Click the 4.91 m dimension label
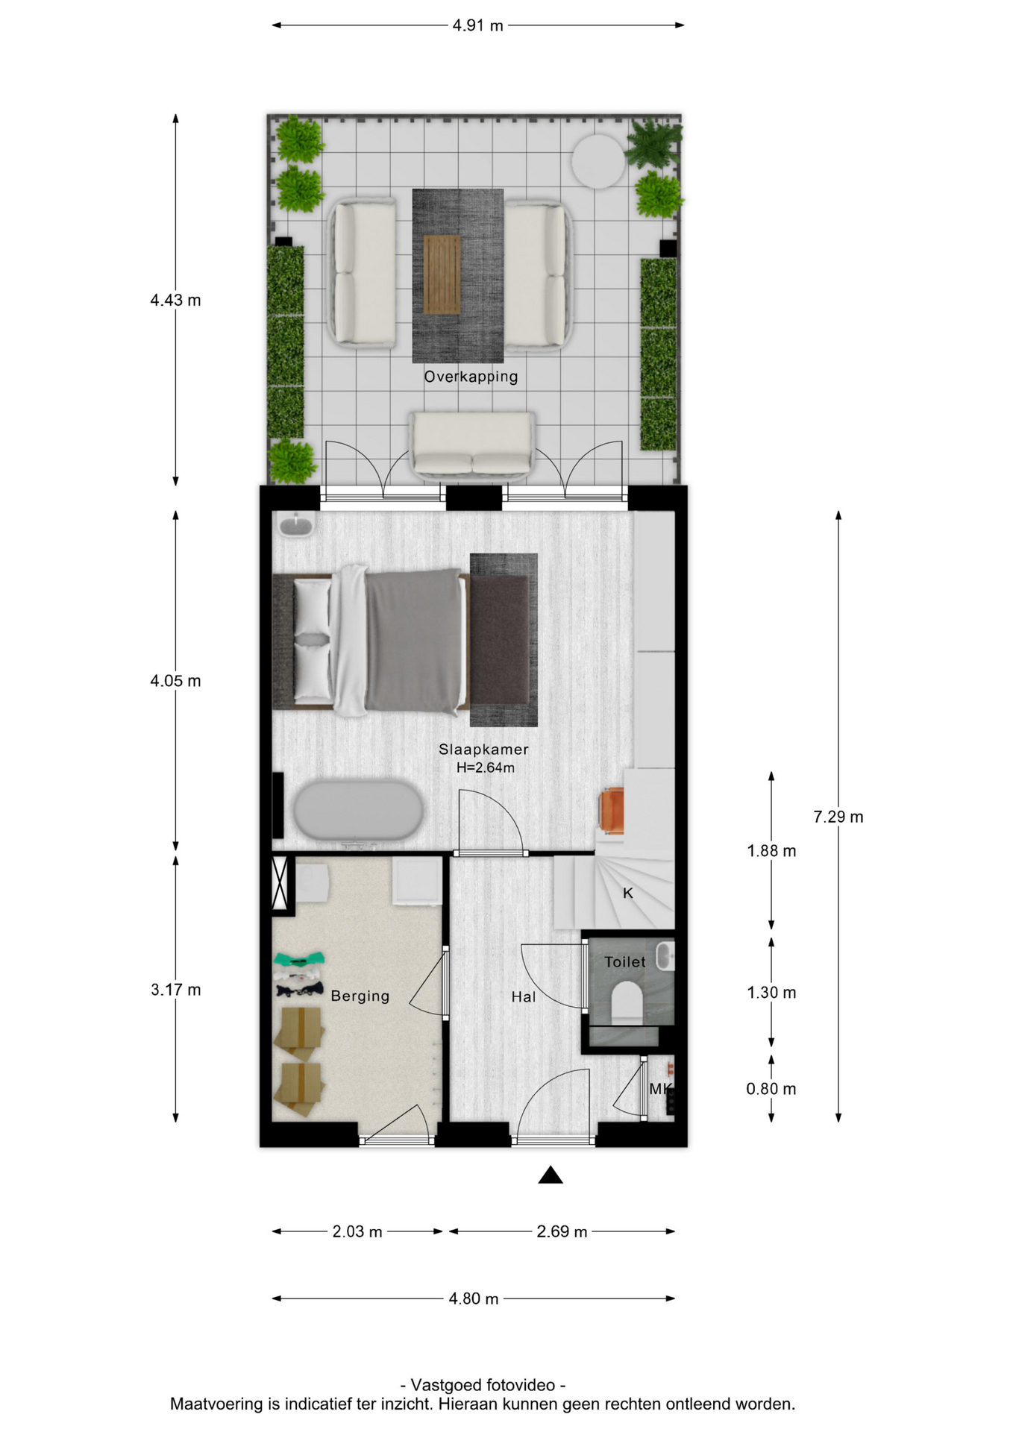coord(477,25)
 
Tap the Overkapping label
coord(471,377)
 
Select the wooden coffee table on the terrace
coord(442,274)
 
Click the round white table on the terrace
coord(598,160)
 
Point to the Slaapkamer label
coord(483,750)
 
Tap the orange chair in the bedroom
coord(611,811)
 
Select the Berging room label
coord(360,996)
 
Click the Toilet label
coord(625,962)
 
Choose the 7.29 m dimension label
coord(838,817)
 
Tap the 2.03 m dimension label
coord(357,1231)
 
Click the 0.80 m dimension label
coord(771,1089)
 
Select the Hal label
coord(524,996)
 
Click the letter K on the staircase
coord(628,893)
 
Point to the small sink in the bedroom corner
coord(296,524)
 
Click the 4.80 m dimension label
coord(474,1298)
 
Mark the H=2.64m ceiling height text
coord(486,767)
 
